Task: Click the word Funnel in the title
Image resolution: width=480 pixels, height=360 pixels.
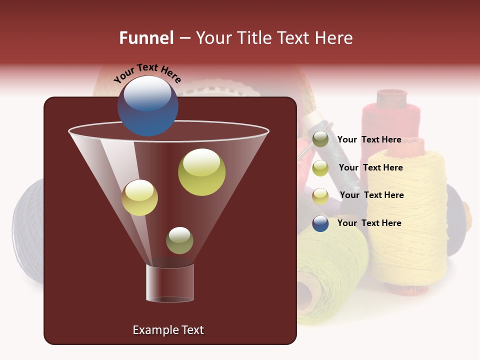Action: [x=146, y=38]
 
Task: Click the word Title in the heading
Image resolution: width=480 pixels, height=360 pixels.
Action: [x=254, y=38]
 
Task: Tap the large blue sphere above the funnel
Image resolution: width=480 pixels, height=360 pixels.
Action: [x=147, y=105]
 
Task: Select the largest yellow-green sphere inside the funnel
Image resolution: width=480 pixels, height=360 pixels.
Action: [x=201, y=171]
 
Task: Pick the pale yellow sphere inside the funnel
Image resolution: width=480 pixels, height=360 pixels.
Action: [x=139, y=197]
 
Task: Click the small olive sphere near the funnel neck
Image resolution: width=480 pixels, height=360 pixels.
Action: [x=179, y=240]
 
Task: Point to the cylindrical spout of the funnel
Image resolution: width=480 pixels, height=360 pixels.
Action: [x=170, y=283]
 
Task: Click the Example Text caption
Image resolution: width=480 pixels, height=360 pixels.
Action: [x=168, y=330]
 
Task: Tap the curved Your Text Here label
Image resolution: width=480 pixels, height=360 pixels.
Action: [x=147, y=73]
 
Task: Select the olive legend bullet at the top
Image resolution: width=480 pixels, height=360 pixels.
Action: [x=320, y=139]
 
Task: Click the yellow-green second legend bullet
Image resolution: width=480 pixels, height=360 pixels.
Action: [x=320, y=168]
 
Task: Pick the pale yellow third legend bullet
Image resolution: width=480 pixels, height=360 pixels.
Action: [x=320, y=196]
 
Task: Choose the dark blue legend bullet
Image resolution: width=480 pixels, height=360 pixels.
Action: [x=320, y=223]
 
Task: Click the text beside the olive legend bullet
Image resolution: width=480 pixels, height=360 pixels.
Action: [x=369, y=139]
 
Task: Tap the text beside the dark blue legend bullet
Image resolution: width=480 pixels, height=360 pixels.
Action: [x=369, y=223]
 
